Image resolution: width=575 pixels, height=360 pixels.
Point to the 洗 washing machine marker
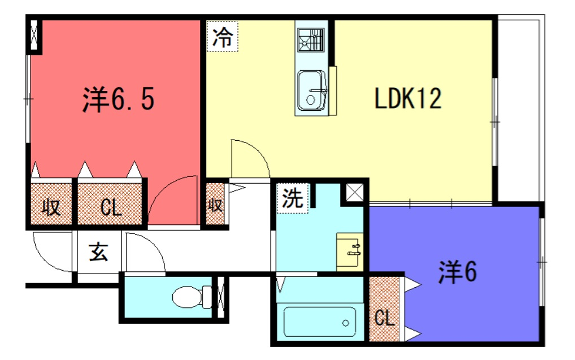pyautogui.click(x=292, y=198)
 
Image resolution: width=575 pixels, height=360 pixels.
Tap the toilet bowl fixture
pyautogui.click(x=186, y=296)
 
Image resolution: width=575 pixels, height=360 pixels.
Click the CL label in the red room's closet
pyautogui.click(x=112, y=208)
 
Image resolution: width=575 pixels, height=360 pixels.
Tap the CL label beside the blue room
pyautogui.click(x=384, y=319)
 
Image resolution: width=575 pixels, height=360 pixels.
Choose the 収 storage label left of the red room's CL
pyautogui.click(x=50, y=208)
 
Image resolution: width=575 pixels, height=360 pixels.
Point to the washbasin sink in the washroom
pyautogui.click(x=348, y=249)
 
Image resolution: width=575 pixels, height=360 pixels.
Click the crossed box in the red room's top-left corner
pyautogui.click(x=37, y=35)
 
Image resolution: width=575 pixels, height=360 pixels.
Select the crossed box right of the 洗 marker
pyautogui.click(x=356, y=193)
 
